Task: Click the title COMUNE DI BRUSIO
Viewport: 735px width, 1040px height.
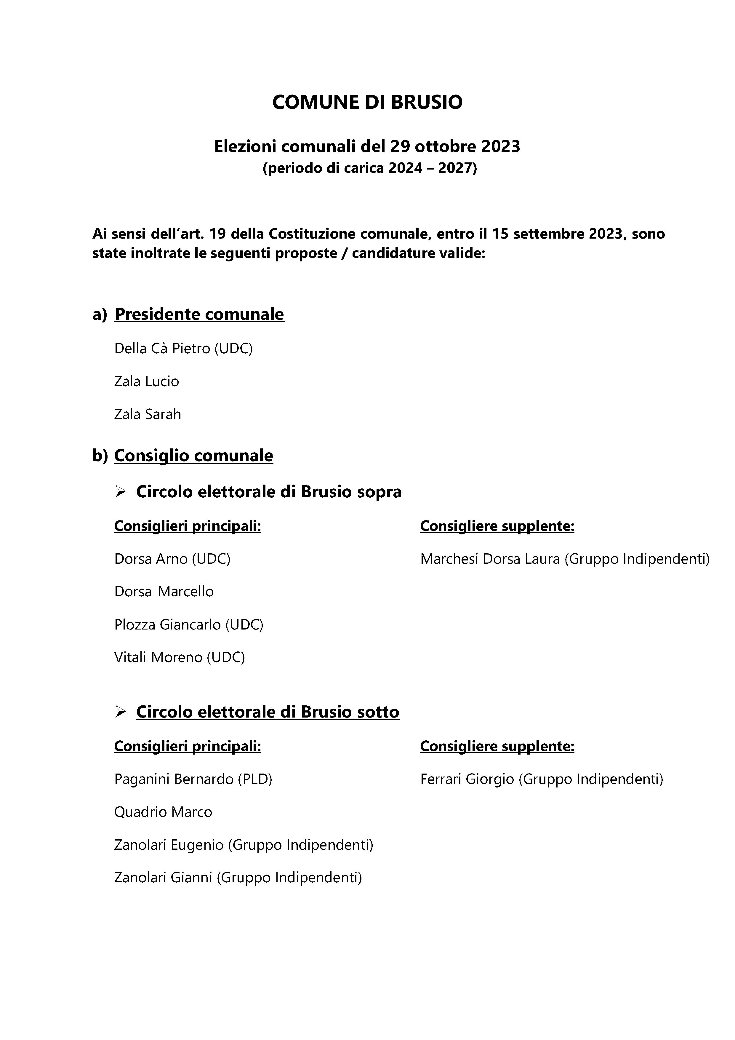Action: coord(367,102)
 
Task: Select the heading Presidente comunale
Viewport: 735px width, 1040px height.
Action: coord(199,314)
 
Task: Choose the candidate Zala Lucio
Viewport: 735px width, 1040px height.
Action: coord(146,381)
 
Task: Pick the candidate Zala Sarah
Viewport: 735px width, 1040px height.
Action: coord(147,414)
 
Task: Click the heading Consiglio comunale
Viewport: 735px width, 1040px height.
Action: coord(193,455)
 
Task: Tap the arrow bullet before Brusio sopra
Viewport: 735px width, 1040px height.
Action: coord(121,492)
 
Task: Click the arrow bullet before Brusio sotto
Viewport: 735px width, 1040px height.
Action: coord(121,712)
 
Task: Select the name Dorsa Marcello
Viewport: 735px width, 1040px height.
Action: coord(164,592)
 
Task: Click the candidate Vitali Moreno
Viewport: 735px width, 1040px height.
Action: coord(158,657)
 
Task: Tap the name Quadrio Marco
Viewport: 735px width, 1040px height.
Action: coord(163,812)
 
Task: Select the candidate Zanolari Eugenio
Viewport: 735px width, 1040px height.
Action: coord(169,845)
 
